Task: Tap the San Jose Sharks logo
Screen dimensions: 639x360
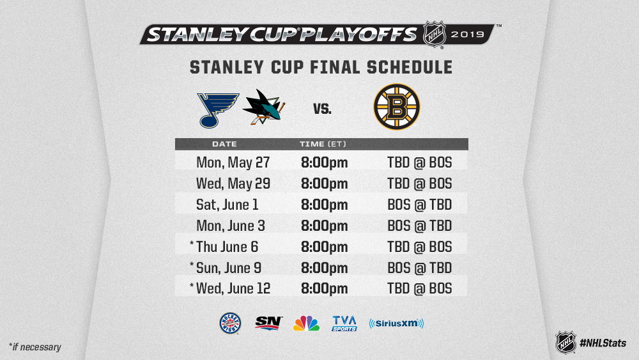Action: [x=264, y=107]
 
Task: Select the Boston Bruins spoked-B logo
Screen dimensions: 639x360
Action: [x=397, y=107]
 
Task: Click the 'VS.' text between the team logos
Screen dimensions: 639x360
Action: [x=322, y=109]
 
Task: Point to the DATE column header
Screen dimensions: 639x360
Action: [x=224, y=144]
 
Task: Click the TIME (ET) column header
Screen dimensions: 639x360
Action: [x=323, y=144]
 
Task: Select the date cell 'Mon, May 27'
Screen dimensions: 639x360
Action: [x=233, y=162]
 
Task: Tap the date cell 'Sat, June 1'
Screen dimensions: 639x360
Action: [x=227, y=204]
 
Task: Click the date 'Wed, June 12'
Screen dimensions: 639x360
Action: [x=233, y=288]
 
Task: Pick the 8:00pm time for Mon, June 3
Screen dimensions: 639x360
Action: [x=325, y=226]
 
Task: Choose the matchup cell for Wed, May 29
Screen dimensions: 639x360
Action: [x=419, y=184]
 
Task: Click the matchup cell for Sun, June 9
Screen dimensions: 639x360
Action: [x=419, y=268]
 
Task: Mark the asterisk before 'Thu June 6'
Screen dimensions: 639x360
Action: [x=192, y=244]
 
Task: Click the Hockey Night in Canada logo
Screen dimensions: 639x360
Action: [x=230, y=324]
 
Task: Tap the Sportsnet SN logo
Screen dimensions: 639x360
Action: [x=268, y=324]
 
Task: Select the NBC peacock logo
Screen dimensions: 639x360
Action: [x=307, y=324]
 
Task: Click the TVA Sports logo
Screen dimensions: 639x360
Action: [x=344, y=324]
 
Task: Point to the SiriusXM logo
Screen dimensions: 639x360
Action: [x=397, y=324]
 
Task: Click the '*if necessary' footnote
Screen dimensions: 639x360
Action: [x=35, y=347]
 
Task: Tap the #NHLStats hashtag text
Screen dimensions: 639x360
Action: [x=603, y=343]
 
